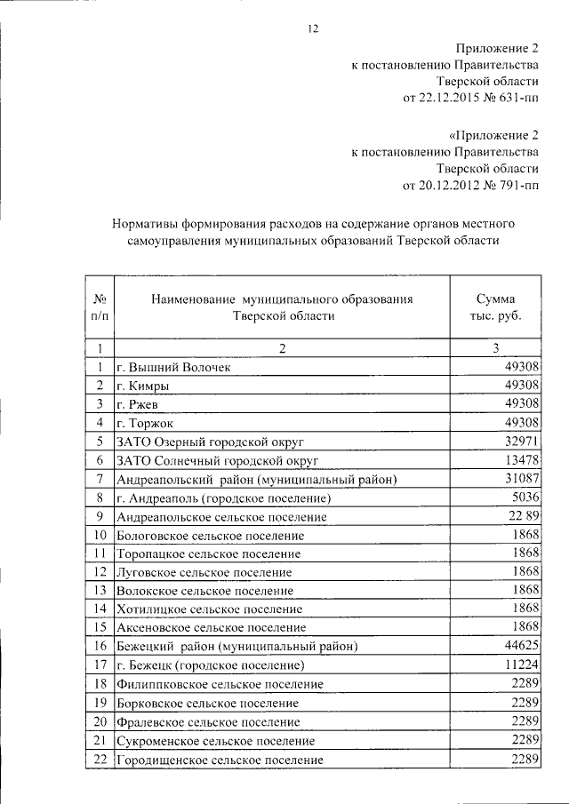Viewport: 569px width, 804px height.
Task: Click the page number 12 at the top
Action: coord(312,28)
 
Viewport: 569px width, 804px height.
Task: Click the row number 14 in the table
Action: coord(100,609)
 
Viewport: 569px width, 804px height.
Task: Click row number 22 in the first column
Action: coord(100,760)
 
